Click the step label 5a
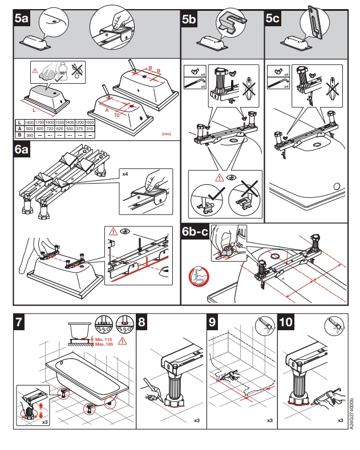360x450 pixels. [21, 19]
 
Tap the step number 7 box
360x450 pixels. [20, 322]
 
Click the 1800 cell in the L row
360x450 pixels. [28, 123]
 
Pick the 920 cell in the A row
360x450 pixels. [28, 129]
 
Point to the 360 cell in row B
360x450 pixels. [28, 135]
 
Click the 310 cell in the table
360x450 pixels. [90, 129]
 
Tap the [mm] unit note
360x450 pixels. [167, 135]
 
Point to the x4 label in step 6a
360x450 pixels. [125, 171]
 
